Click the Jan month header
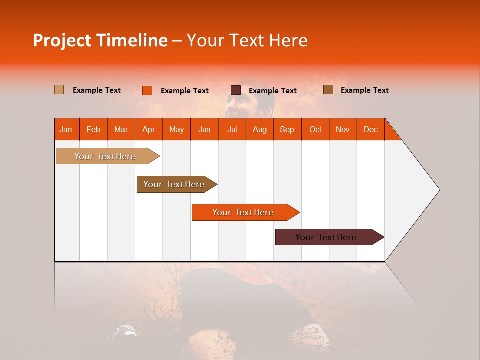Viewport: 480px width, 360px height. [x=66, y=129]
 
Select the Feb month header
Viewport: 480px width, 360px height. [x=93, y=129]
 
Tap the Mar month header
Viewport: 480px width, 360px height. [x=121, y=129]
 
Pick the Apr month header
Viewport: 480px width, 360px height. [x=149, y=129]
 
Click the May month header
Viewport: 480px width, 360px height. [x=176, y=129]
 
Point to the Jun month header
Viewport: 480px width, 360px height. [x=204, y=129]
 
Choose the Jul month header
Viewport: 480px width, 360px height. [x=232, y=129]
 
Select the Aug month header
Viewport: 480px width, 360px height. [x=260, y=129]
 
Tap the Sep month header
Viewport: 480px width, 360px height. [x=287, y=129]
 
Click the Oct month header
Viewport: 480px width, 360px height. [x=315, y=129]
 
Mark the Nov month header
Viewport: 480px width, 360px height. [x=343, y=129]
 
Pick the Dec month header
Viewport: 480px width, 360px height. [x=371, y=129]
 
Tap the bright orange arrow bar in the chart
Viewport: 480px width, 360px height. [x=243, y=212]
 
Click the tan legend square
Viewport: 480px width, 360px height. [x=59, y=90]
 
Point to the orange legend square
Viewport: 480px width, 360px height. [x=147, y=90]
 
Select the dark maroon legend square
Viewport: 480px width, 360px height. [x=236, y=90]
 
